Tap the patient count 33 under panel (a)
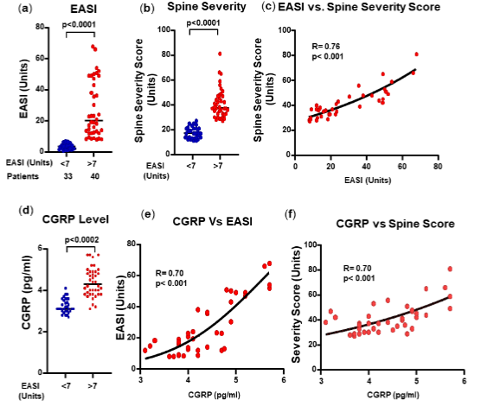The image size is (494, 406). pyautogui.click(x=65, y=177)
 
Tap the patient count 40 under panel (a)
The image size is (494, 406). pyautogui.click(x=94, y=177)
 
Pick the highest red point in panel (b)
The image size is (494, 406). pyautogui.click(x=219, y=54)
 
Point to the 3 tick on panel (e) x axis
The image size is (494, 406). pyautogui.click(x=141, y=379)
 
